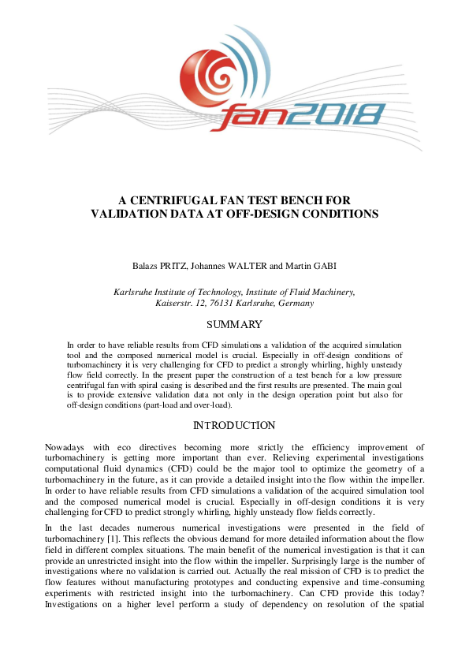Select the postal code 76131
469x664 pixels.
click(225, 303)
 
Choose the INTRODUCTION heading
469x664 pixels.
click(234, 426)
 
